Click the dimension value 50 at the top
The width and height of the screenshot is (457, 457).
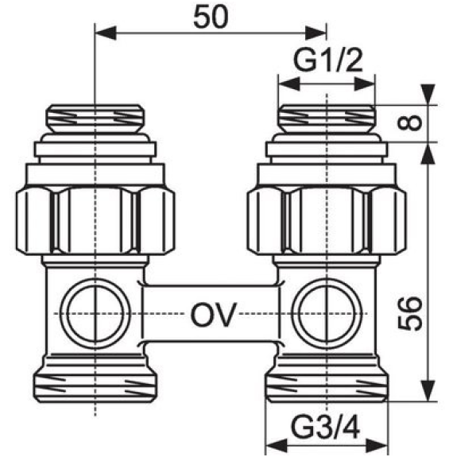210,17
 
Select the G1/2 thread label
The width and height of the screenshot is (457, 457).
327,60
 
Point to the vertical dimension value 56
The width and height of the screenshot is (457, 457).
410,314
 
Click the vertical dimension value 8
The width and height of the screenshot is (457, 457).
409,122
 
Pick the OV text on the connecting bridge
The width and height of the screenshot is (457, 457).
212,315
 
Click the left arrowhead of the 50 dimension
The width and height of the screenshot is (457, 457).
106,33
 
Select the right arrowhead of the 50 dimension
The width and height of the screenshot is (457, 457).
316,33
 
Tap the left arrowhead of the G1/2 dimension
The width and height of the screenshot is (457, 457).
289,84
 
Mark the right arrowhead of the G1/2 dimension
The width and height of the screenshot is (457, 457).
364,84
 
